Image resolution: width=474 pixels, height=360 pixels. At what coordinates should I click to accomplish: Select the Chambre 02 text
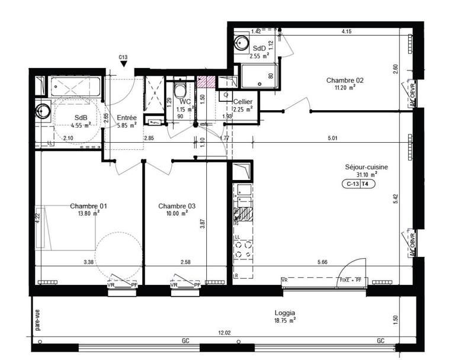pos(344,80)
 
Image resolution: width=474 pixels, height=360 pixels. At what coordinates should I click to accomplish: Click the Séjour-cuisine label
pos(366,167)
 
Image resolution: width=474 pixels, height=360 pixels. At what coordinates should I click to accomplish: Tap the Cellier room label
pos(243,102)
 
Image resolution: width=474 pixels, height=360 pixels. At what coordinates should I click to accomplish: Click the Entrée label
pos(127,117)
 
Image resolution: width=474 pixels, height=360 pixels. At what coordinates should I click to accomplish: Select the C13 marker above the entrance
pos(123,57)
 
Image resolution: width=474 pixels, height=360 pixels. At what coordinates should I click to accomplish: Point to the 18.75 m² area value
pos(285,320)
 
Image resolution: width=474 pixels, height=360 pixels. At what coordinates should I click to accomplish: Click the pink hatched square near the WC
pos(206,83)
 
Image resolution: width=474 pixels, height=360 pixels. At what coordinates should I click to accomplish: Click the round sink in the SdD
pos(241,43)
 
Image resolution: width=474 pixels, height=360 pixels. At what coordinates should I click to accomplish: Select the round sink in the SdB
pos(43,110)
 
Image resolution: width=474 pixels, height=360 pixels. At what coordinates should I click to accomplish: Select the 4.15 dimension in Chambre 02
pos(347,31)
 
